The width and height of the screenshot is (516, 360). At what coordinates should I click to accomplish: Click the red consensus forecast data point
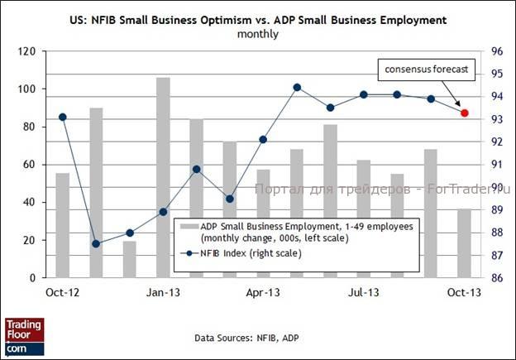point(465,113)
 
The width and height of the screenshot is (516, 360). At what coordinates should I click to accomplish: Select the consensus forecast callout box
point(427,70)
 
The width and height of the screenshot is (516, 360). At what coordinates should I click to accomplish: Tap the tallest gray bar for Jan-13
point(163,177)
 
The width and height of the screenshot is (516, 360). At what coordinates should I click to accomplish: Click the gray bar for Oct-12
point(63,225)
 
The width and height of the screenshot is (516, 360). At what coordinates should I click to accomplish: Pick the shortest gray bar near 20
point(130,259)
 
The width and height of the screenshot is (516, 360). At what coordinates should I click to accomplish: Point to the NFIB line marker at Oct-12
point(63,117)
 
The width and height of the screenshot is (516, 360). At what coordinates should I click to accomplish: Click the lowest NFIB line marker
point(96,243)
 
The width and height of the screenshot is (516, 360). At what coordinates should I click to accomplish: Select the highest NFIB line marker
point(297,87)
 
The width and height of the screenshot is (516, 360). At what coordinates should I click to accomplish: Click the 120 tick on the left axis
point(27,51)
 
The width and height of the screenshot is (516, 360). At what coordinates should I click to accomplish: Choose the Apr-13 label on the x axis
point(263,292)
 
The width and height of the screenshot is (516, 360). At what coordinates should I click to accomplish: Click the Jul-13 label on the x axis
point(363,292)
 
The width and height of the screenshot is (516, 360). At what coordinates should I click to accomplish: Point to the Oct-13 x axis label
point(464,292)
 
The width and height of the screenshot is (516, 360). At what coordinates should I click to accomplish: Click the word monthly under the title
point(258,34)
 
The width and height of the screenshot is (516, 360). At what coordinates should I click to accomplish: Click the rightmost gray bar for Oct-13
point(465,243)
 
